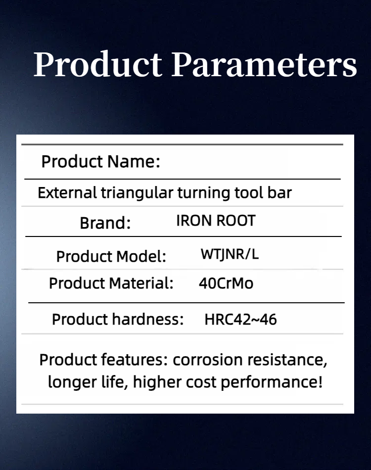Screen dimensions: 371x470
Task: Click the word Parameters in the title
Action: click(264, 64)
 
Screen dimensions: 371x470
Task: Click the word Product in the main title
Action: click(97, 65)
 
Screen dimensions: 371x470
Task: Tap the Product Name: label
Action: click(101, 162)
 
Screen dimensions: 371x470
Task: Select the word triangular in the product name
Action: click(137, 193)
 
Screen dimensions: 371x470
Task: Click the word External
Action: click(67, 193)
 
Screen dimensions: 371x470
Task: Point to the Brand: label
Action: click(105, 223)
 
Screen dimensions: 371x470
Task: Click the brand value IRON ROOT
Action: click(216, 221)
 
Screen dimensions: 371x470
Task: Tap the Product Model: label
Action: click(111, 257)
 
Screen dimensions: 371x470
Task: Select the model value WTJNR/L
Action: click(230, 254)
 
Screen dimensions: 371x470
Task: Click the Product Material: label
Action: click(111, 283)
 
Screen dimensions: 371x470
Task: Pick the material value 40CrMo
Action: click(226, 283)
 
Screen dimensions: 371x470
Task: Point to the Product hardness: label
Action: click(118, 319)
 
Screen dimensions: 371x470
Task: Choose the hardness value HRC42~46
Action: click(240, 320)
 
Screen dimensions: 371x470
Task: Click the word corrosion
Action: click(208, 360)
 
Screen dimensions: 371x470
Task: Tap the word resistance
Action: click(287, 360)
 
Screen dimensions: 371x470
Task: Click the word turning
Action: click(204, 193)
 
